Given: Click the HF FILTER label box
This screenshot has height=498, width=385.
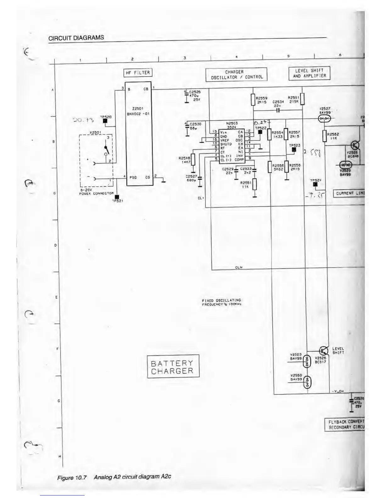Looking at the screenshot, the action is [x=137, y=73].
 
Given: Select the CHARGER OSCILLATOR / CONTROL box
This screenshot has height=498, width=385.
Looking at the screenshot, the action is [x=236, y=75].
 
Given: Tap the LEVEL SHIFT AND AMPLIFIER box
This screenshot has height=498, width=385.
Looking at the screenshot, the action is [x=310, y=73].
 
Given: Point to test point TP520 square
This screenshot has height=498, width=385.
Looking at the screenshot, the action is [x=105, y=121].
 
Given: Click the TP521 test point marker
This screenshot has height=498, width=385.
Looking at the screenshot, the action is [x=117, y=197].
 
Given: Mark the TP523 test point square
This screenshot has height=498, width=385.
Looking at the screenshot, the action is [x=294, y=150].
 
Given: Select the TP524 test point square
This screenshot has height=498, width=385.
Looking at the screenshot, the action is [x=315, y=185].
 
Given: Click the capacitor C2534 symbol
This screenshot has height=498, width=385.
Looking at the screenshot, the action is [x=278, y=111].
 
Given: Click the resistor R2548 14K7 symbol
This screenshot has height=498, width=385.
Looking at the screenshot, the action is [x=193, y=160].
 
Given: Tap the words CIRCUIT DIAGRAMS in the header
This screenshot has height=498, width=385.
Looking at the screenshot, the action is [x=76, y=38].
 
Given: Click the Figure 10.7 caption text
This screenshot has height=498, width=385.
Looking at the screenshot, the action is [x=114, y=477].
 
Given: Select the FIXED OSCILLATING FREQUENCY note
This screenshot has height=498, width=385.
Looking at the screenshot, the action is [x=221, y=302].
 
